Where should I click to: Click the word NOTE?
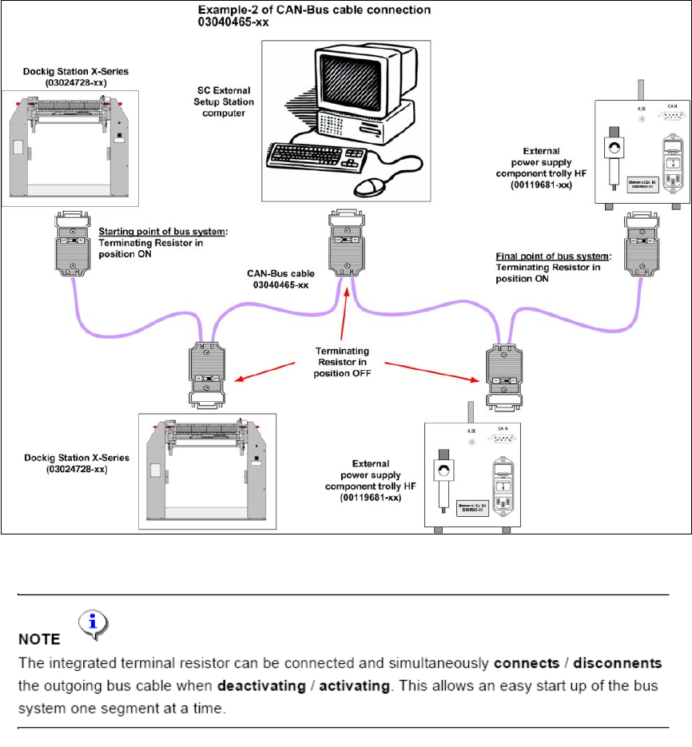tap(40, 639)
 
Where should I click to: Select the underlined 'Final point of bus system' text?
tap(551, 257)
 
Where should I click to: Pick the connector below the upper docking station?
tap(72, 243)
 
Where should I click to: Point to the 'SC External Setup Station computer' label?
tap(225, 102)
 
